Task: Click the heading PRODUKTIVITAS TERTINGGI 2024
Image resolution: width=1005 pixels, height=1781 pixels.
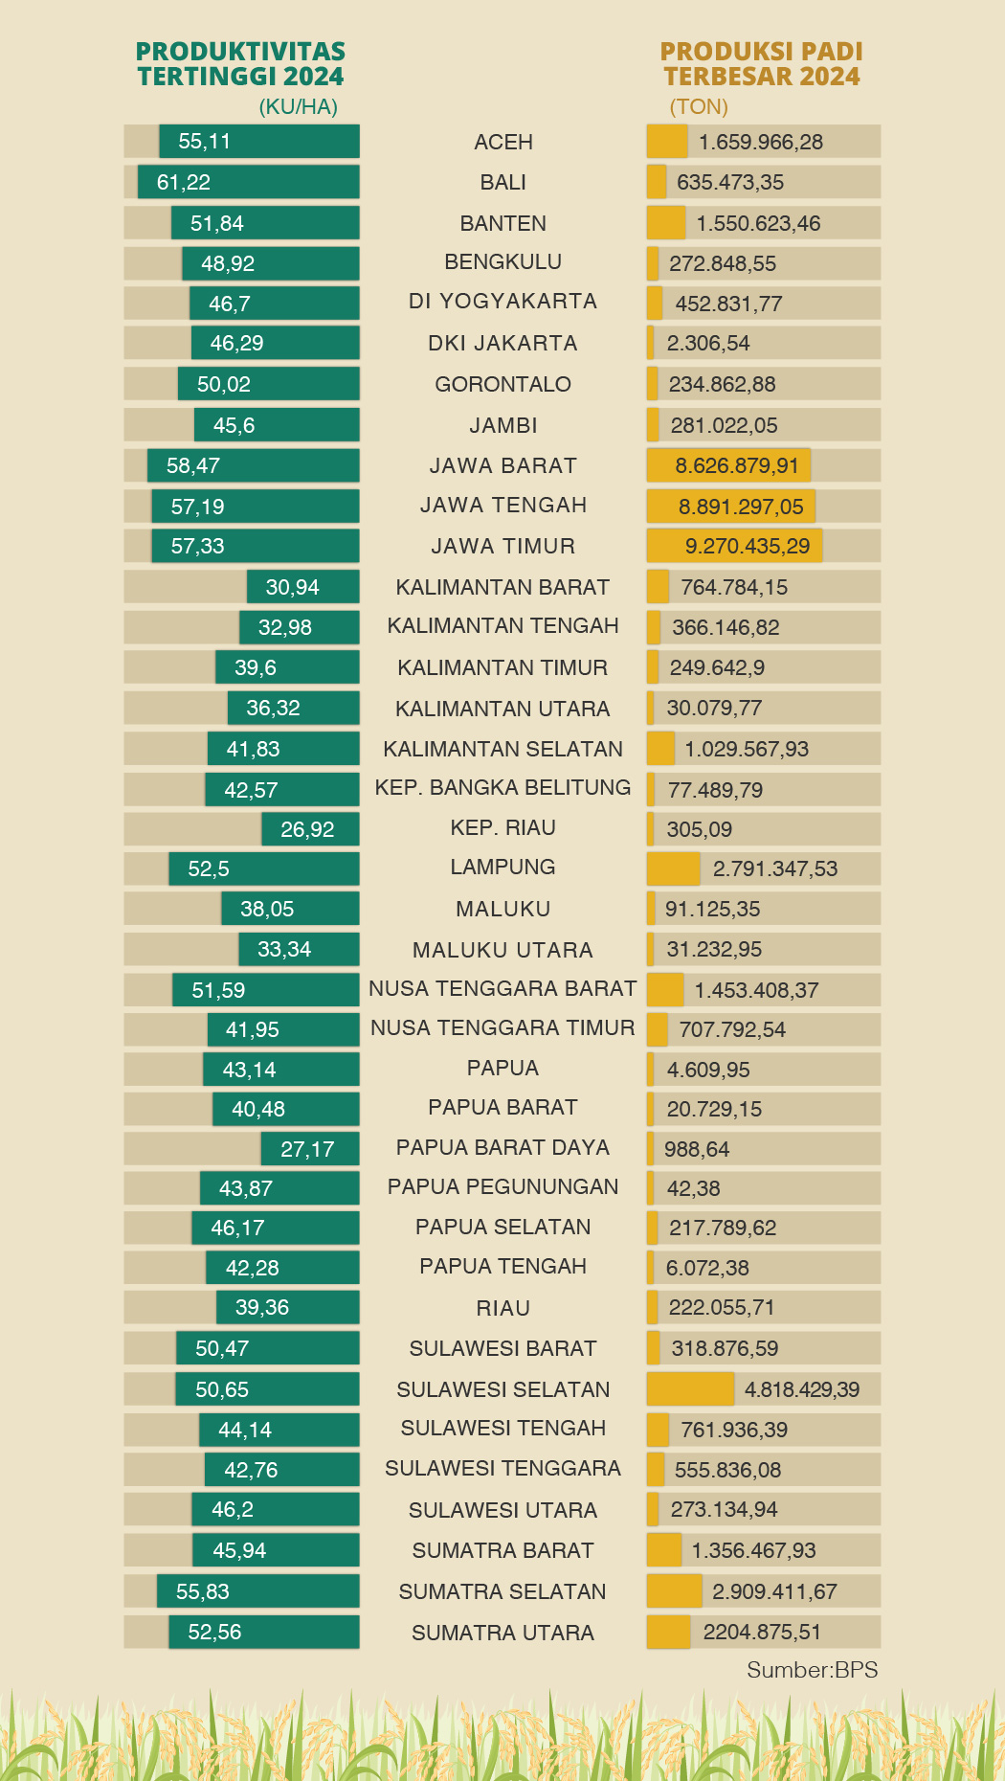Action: [240, 64]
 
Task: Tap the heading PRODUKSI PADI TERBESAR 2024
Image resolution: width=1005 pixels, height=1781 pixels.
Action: [762, 64]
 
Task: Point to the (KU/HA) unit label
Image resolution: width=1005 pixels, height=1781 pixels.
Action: [299, 106]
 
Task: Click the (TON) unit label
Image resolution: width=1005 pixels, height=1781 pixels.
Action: [699, 106]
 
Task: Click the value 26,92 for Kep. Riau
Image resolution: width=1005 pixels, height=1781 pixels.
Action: [307, 829]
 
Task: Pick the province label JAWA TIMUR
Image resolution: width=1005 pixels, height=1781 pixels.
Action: [502, 546]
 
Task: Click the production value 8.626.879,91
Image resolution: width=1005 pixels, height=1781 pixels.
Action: [737, 466]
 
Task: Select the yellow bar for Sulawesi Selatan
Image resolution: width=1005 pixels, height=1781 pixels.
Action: [690, 1389]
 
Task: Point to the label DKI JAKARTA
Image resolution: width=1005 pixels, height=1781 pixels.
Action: [502, 343]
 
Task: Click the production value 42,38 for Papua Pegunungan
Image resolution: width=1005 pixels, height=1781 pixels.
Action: [694, 1188]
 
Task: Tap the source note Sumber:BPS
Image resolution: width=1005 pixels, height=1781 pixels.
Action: [812, 1670]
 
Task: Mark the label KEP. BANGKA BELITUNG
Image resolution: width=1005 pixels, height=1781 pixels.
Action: [502, 788]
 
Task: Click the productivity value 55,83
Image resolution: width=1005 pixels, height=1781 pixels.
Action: [203, 1591]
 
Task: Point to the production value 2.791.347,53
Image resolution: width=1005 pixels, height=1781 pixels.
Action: [775, 869]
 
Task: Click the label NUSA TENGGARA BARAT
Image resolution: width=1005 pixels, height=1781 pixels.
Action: [502, 988]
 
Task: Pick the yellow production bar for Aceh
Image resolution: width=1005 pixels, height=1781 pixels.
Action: [667, 142]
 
